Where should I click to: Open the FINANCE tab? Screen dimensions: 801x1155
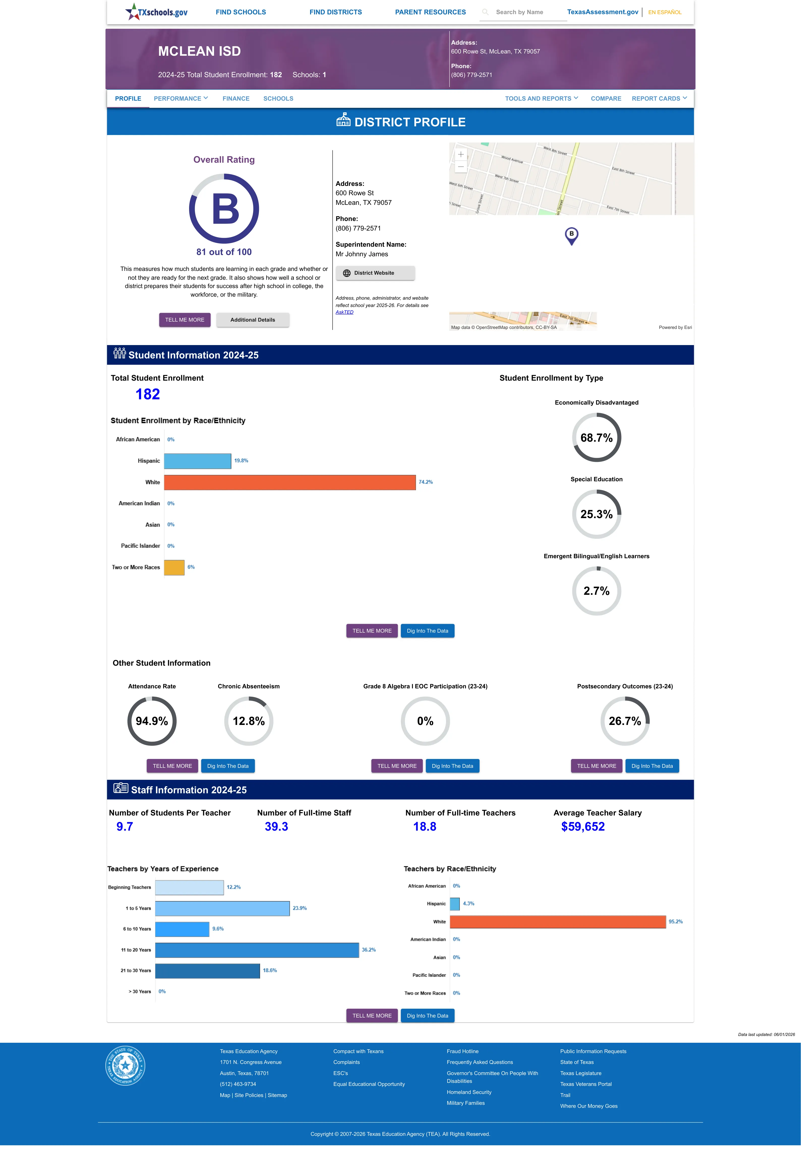click(x=236, y=98)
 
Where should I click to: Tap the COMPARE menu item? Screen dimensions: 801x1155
click(x=606, y=98)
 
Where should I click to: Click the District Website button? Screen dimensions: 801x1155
click(x=375, y=273)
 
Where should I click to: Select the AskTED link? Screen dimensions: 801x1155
click(x=344, y=312)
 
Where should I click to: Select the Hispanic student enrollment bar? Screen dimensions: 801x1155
click(x=198, y=461)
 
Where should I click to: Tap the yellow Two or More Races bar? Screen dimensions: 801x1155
click(x=174, y=567)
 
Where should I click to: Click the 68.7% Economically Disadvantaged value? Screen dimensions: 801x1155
click(x=596, y=438)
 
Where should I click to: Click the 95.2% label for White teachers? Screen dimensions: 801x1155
click(x=675, y=922)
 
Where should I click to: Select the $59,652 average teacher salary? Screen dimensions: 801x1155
click(x=583, y=827)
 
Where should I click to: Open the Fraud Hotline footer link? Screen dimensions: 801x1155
click(x=462, y=1051)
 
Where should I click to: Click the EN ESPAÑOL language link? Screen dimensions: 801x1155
click(x=665, y=12)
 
